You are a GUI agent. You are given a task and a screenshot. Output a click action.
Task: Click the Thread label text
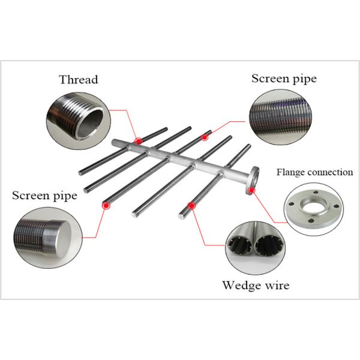point(78,80)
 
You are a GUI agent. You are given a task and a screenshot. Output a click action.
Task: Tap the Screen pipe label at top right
point(284,79)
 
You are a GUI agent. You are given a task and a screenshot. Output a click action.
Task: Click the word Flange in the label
point(290,172)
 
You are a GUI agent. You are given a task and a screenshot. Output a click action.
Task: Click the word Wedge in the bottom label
point(241,285)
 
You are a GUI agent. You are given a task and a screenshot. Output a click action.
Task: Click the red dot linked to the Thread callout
point(139,140)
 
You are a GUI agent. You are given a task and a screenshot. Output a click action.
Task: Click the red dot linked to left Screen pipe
point(106,205)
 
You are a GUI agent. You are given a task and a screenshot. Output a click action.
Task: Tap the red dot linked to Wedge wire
point(191,205)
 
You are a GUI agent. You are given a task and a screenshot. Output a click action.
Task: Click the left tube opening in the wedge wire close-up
point(242,245)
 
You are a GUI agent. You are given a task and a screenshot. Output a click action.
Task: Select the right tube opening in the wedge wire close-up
point(265,245)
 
